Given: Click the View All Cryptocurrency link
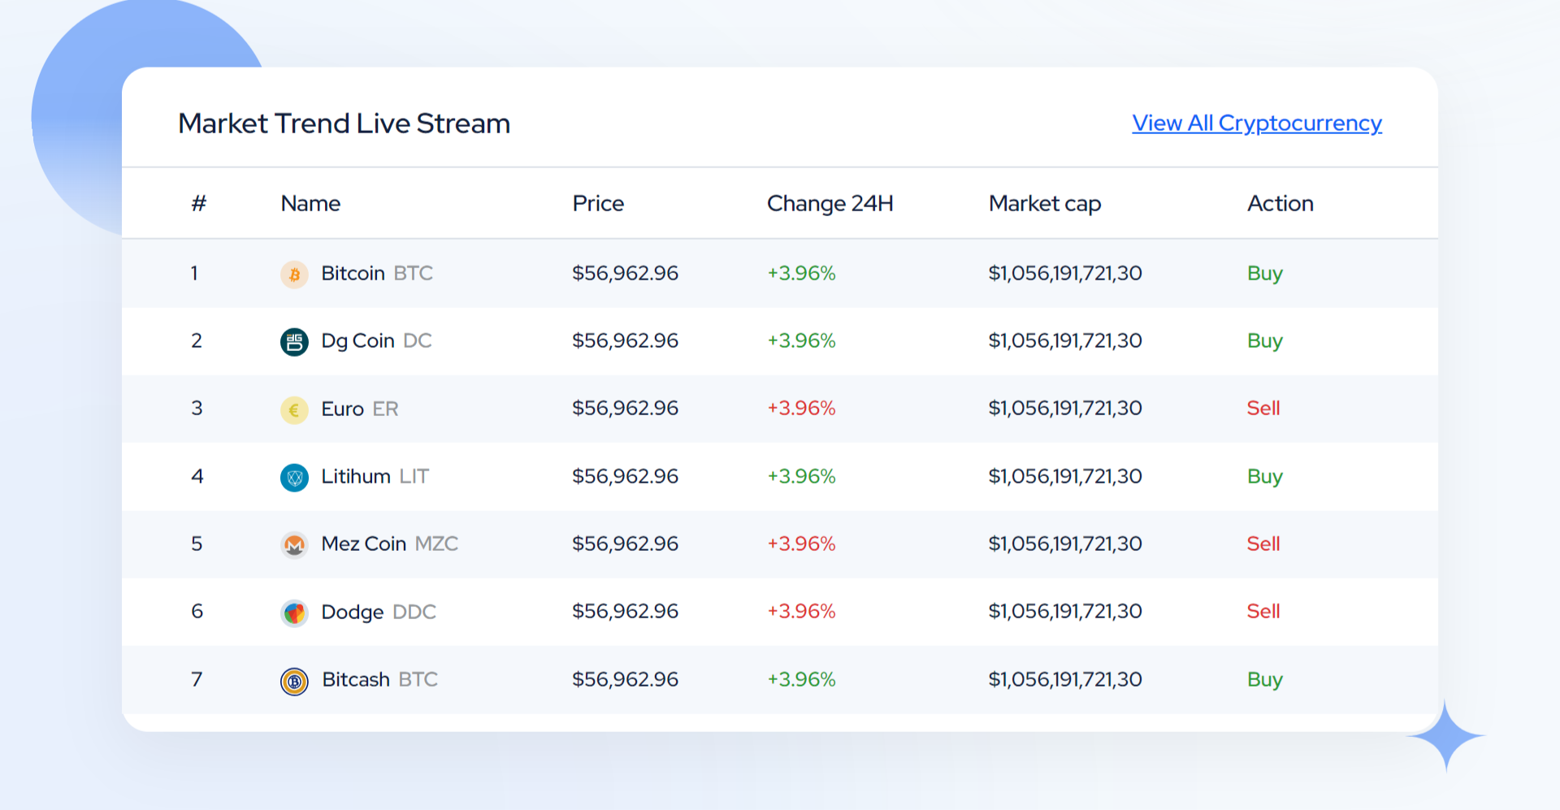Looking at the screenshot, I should pyautogui.click(x=1256, y=123).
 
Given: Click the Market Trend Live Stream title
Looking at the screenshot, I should pyautogui.click(x=344, y=123).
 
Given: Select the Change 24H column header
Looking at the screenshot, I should pyautogui.click(x=830, y=203).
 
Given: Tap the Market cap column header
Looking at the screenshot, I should pyautogui.click(x=1044, y=203).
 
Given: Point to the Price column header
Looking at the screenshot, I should pyautogui.click(x=598, y=203).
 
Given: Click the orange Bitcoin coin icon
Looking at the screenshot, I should pyautogui.click(x=294, y=275).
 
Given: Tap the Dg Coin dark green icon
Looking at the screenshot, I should pyautogui.click(x=294, y=342).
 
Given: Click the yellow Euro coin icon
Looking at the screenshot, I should pyautogui.click(x=294, y=410).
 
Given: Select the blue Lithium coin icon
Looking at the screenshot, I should pyautogui.click(x=294, y=478).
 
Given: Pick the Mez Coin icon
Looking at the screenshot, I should pyautogui.click(x=294, y=545).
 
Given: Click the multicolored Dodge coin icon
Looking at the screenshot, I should pyautogui.click(x=294, y=613).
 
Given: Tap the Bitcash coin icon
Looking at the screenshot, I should pyautogui.click(x=294, y=681).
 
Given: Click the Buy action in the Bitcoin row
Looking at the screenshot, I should pyautogui.click(x=1264, y=274).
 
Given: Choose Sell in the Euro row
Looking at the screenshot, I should pyautogui.click(x=1263, y=409).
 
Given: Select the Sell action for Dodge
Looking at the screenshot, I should pyautogui.click(x=1263, y=612).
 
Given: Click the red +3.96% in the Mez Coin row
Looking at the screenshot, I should pyautogui.click(x=801, y=544).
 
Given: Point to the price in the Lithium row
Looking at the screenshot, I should pyautogui.click(x=625, y=477).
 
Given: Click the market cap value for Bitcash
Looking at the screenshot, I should pyautogui.click(x=1064, y=680).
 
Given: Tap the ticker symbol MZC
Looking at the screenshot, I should pyautogui.click(x=436, y=544).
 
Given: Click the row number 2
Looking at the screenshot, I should pyautogui.click(x=197, y=341).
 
